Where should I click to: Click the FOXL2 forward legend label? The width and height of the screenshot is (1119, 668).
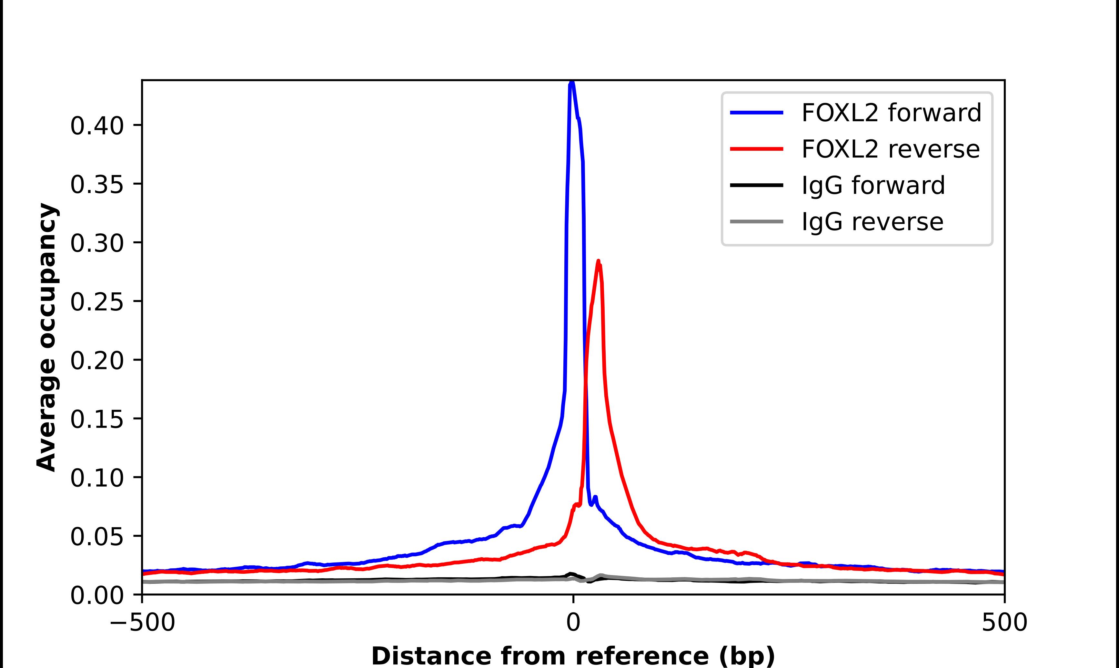[x=891, y=113]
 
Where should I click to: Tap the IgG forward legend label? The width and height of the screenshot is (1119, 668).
[x=873, y=186]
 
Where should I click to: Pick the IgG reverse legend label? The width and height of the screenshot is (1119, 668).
[x=872, y=222]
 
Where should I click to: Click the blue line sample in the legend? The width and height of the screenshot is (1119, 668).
[x=756, y=113]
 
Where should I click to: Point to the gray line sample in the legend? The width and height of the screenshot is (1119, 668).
[x=756, y=221]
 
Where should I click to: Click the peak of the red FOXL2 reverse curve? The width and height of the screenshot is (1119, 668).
[x=598, y=261]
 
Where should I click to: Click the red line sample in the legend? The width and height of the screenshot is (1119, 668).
[x=756, y=149]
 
